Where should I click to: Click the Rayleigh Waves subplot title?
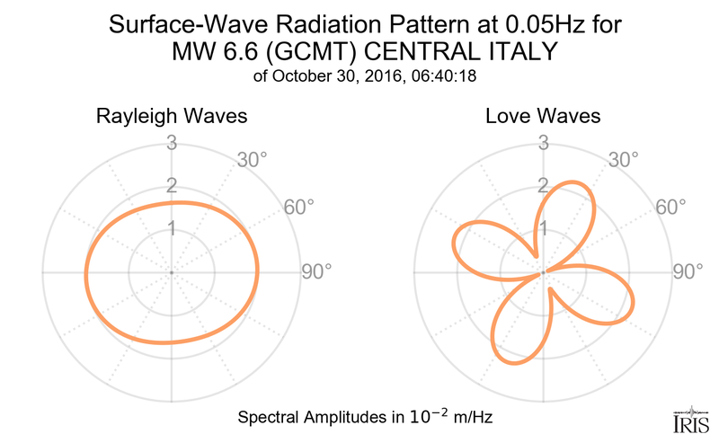pos(172,117)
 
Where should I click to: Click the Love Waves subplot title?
pos(543,117)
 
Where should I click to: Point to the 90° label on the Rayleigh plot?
pos(316,271)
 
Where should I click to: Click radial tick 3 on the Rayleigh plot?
pos(172,142)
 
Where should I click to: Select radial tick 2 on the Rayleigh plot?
pos(172,185)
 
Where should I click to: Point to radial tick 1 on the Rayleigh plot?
pos(172,228)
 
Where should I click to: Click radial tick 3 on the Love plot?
pos(544,142)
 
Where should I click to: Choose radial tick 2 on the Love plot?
pos(544,185)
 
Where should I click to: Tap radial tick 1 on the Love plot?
pos(544,228)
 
